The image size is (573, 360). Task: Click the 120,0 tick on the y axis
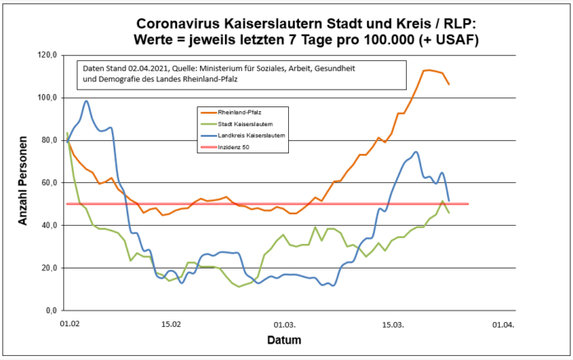click(x=46, y=54)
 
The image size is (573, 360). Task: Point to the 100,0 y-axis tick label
click(x=46, y=97)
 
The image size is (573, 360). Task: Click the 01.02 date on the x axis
click(x=70, y=325)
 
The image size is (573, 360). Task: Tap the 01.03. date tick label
click(x=285, y=325)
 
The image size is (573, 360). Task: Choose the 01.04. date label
click(x=503, y=325)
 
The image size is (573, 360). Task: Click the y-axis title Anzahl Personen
click(x=23, y=182)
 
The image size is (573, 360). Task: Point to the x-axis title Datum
click(x=283, y=340)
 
